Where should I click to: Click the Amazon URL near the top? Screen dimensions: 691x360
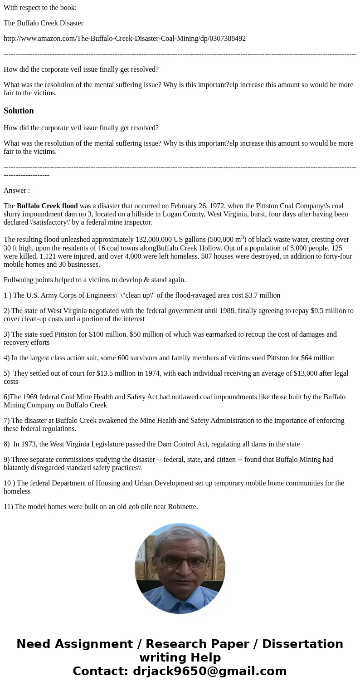pyautogui.click(x=125, y=39)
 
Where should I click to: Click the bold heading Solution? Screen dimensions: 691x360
pyautogui.click(x=19, y=111)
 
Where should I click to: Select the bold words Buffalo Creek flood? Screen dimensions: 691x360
pyautogui.click(x=47, y=206)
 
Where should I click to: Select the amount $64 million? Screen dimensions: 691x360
pyautogui.click(x=318, y=358)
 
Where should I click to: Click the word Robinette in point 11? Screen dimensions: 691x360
pyautogui.click(x=182, y=506)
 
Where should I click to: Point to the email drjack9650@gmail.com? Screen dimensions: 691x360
pyautogui.click(x=209, y=671)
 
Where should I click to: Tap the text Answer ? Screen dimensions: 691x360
pyautogui.click(x=17, y=191)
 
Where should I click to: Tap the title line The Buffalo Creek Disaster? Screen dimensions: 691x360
pyautogui.click(x=44, y=23)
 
